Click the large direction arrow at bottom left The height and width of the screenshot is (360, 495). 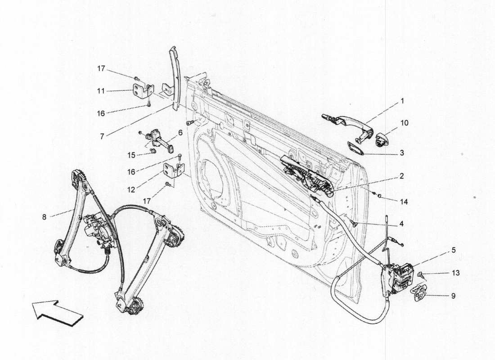tap(57, 313)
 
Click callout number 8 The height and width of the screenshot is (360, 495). tap(44, 217)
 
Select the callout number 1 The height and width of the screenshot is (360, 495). tap(402, 101)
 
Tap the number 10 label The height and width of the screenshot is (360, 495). tap(404, 122)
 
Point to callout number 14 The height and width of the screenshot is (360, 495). tap(404, 202)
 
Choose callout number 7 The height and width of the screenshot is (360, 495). tap(102, 135)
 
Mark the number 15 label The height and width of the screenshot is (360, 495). tap(131, 155)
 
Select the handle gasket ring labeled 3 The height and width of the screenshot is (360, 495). tap(355, 148)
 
